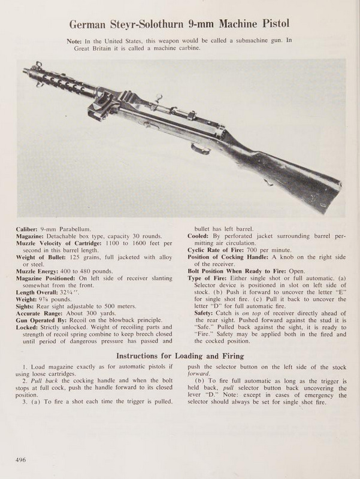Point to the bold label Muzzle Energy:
coord(44,271)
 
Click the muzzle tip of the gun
coord(25,71)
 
